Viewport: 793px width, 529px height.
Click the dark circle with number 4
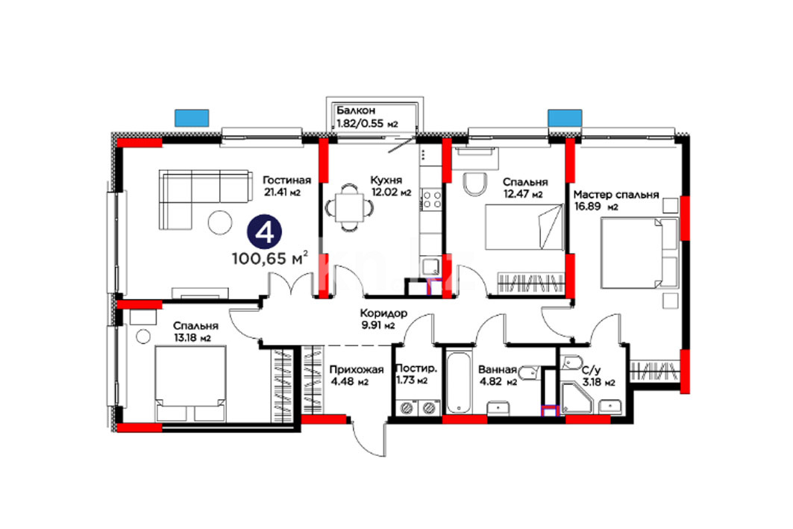pyautogui.click(x=264, y=232)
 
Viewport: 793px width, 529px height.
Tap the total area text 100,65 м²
pyautogui.click(x=270, y=258)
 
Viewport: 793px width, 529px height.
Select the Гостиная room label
pyautogui.click(x=286, y=180)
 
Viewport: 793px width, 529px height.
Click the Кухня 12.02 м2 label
pyautogui.click(x=390, y=186)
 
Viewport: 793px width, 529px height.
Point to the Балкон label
pyautogui.click(x=356, y=110)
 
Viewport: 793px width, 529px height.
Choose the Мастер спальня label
pyautogui.click(x=616, y=194)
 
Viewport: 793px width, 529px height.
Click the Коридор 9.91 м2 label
pyautogui.click(x=383, y=319)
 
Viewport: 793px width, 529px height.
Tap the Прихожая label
pyautogui.click(x=357, y=369)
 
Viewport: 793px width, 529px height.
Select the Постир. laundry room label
pyautogui.click(x=416, y=369)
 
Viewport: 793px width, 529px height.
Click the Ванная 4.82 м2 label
pyautogui.click(x=498, y=376)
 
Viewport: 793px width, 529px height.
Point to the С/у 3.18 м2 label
pyautogui.click(x=598, y=377)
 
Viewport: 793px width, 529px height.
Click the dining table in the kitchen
pyautogui.click(x=350, y=208)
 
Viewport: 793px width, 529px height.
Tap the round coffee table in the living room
pyautogui.click(x=220, y=222)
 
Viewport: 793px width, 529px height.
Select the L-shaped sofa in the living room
pyautogui.click(x=205, y=199)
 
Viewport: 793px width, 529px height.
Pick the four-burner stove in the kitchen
pyautogui.click(x=431, y=198)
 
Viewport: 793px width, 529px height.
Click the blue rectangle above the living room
pyautogui.click(x=192, y=118)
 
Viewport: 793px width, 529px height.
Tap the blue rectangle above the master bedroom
pyautogui.click(x=565, y=118)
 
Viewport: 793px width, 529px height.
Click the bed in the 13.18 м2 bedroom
pyautogui.click(x=189, y=384)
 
